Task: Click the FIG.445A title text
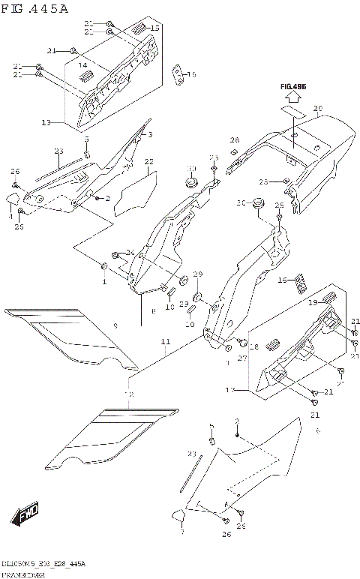pyautogui.click(x=35, y=9)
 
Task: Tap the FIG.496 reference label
pyautogui.click(x=294, y=87)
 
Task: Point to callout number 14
pyautogui.click(x=84, y=66)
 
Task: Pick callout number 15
pyautogui.click(x=155, y=28)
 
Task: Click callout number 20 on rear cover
pyautogui.click(x=317, y=109)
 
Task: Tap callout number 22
pyautogui.click(x=148, y=161)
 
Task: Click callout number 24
pyautogui.click(x=130, y=252)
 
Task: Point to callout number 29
pyautogui.click(x=198, y=274)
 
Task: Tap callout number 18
pyautogui.click(x=253, y=348)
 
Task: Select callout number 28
pyautogui.click(x=234, y=140)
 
